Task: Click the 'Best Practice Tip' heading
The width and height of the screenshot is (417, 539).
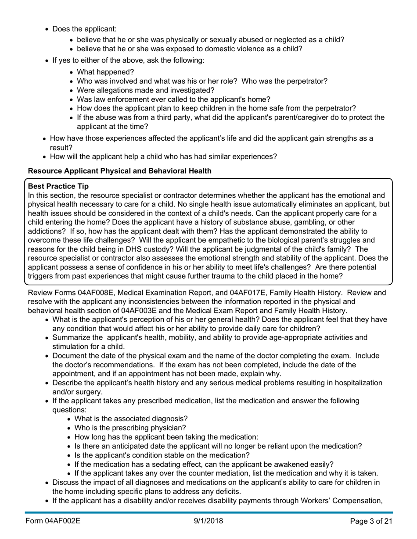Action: [58, 186]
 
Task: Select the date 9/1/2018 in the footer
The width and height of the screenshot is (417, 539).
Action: [208, 521]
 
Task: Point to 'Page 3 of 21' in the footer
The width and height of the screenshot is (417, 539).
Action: [371, 521]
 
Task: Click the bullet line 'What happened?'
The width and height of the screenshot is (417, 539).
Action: [105, 72]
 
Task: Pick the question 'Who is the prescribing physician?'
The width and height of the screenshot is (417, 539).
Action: [130, 428]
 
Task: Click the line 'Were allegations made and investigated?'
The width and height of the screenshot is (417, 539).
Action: [145, 90]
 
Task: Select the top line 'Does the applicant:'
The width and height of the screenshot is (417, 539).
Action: [84, 29]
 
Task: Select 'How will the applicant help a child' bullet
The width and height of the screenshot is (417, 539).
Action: [163, 156]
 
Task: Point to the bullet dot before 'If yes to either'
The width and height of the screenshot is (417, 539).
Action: [47, 60]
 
